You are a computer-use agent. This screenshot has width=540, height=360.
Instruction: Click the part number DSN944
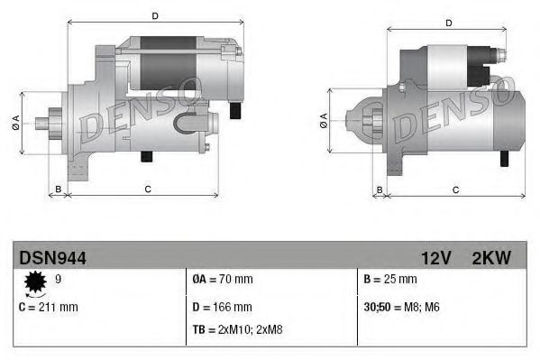tap(52, 259)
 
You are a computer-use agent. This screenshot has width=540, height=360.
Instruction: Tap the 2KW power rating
tap(490, 259)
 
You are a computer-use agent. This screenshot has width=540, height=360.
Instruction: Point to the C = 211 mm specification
tap(49, 307)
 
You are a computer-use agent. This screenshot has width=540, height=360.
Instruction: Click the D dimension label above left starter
tap(155, 15)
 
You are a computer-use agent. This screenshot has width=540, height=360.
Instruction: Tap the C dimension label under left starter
tap(148, 189)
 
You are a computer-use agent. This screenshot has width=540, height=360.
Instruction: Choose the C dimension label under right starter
tap(455, 189)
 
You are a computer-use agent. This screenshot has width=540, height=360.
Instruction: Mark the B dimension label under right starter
tap(380, 189)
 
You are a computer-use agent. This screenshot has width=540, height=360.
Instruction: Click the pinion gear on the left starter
tap(51, 122)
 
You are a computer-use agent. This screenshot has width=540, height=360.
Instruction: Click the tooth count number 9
tap(59, 280)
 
